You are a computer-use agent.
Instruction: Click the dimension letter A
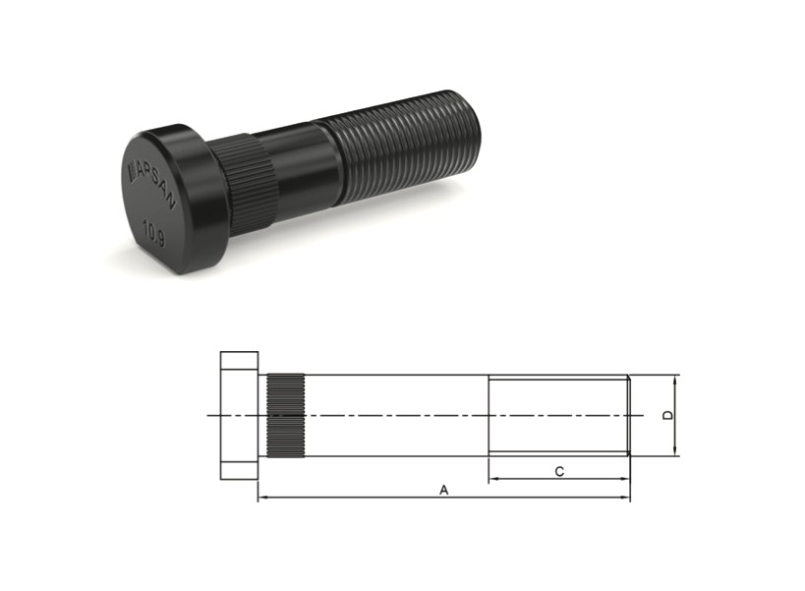tap(444, 490)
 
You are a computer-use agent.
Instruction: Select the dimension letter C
tap(559, 471)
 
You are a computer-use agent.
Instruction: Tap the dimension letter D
tap(667, 415)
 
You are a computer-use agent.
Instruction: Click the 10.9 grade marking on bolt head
tap(153, 234)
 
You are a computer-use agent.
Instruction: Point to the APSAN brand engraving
tap(151, 183)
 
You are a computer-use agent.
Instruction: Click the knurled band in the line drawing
tap(286, 415)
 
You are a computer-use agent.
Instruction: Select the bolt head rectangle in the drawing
tap(239, 415)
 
